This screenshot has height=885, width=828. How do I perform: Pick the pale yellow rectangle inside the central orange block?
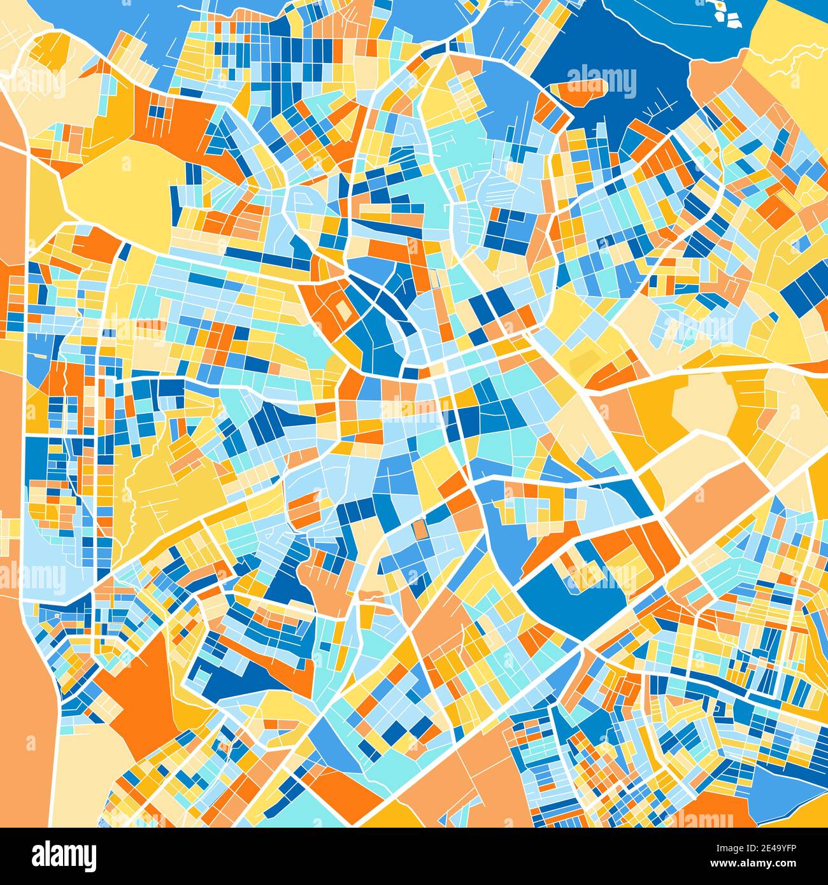(343, 311)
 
